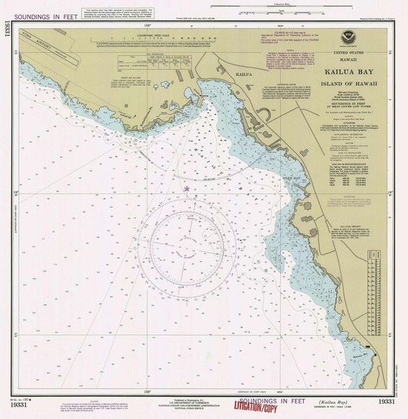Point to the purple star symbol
pyautogui.click(x=187, y=189)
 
